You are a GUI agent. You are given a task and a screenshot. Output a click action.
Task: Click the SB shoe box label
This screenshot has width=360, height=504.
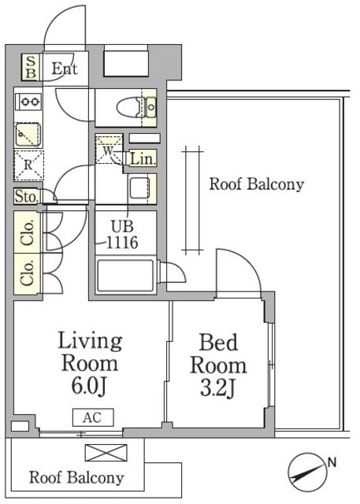[31, 67]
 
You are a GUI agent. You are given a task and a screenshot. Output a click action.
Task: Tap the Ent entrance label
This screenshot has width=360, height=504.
[65, 69]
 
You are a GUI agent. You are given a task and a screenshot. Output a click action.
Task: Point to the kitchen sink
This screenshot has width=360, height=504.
[28, 135]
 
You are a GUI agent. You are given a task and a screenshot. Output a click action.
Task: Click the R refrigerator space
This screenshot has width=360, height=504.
[28, 165]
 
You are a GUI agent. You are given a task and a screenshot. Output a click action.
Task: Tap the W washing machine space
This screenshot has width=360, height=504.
[109, 150]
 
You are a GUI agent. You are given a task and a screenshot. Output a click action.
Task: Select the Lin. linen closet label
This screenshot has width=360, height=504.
[142, 159]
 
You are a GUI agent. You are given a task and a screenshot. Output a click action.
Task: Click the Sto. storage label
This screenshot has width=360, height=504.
[27, 196]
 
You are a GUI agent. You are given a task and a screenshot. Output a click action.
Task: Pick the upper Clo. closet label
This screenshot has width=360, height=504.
[28, 233]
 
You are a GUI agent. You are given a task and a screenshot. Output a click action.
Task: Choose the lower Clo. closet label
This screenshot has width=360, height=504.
[28, 273]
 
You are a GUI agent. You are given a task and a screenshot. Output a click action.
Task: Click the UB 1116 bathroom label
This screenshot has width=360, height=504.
[122, 235]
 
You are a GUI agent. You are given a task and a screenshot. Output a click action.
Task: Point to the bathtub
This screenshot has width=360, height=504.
[125, 276]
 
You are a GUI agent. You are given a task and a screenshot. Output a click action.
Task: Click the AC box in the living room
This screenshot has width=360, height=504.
[93, 417]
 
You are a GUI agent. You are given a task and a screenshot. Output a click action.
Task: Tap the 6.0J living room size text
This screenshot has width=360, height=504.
[88, 386]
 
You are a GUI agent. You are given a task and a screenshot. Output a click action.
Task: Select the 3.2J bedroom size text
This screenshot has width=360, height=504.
[218, 388]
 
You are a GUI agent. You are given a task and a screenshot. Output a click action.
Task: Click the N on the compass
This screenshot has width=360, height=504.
[332, 462]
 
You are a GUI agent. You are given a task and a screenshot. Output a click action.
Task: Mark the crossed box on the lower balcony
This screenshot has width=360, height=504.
[106, 452]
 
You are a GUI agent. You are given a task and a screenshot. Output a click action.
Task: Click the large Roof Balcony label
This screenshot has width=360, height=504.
[257, 184]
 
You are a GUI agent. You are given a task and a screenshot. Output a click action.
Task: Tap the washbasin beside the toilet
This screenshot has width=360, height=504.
[150, 107]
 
